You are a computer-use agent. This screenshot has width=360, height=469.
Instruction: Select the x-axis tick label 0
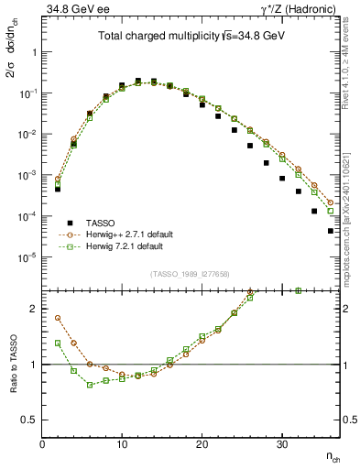(42, 443)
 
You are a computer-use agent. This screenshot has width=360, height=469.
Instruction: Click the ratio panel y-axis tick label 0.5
(29, 420)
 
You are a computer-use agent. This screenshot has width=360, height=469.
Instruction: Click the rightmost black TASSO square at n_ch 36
(330, 231)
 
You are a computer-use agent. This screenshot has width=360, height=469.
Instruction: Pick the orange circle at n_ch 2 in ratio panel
(58, 318)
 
